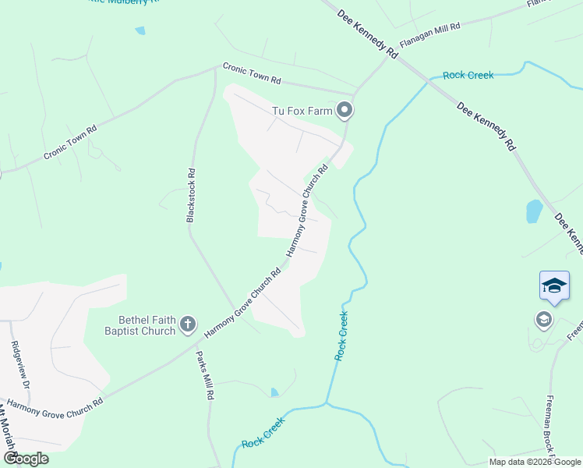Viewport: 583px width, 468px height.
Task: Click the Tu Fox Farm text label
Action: click(302, 111)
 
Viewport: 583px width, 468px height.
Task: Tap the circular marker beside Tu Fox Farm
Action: click(344, 111)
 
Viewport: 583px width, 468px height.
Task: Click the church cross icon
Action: click(187, 324)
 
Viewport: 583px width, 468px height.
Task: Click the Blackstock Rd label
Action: click(190, 195)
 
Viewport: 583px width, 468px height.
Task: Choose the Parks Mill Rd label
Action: click(205, 375)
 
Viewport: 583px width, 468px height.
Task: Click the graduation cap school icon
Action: click(554, 285)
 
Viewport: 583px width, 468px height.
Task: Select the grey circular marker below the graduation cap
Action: click(543, 319)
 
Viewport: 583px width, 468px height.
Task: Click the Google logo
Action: click(26, 458)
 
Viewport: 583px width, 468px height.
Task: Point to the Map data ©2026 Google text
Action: click(535, 462)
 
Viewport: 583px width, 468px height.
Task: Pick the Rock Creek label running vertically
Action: click(341, 335)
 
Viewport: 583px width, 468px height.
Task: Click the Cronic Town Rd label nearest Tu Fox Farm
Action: click(251, 74)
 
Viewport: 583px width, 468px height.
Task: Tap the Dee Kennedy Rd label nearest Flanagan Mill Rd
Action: click(368, 34)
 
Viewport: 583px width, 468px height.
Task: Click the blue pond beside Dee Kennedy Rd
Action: click(534, 211)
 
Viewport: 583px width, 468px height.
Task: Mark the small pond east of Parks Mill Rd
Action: click(274, 392)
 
